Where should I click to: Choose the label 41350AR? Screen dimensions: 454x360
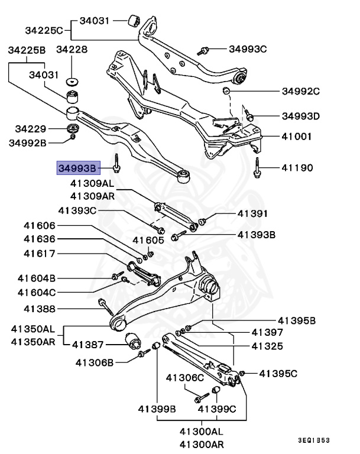(x=33, y=341)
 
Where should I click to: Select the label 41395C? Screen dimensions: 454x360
(x=278, y=373)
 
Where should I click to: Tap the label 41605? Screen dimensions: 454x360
(x=148, y=240)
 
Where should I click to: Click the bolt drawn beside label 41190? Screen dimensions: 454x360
(x=258, y=168)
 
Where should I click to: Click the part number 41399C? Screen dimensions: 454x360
(x=217, y=408)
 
